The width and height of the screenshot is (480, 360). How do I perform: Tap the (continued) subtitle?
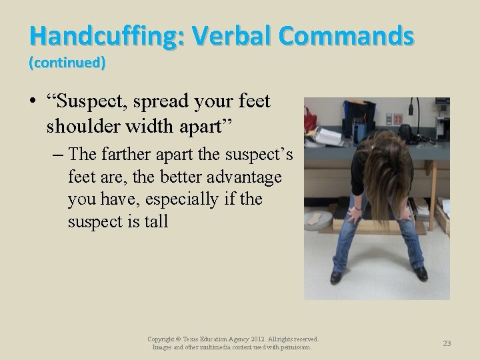(x=67, y=63)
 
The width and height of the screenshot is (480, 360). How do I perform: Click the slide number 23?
(x=447, y=343)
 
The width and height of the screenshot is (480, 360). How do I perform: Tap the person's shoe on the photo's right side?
(x=421, y=273)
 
